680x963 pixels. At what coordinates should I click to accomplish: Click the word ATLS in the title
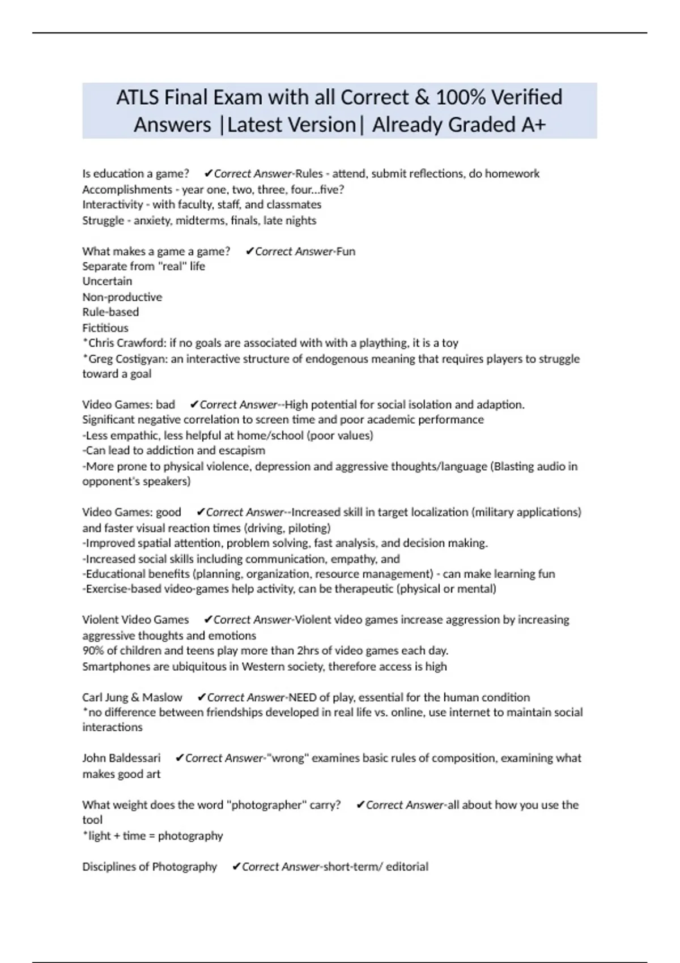click(x=138, y=97)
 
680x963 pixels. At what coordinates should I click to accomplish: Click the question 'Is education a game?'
click(x=135, y=173)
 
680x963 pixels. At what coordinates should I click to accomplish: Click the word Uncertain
click(x=107, y=282)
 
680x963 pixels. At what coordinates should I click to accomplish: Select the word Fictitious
click(x=105, y=327)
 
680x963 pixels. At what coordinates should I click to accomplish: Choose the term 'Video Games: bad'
click(x=129, y=404)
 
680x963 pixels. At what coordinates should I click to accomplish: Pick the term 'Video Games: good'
click(x=131, y=512)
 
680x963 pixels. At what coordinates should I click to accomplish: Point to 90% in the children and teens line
click(x=93, y=650)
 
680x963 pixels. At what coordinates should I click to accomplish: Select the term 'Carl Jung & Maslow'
click(x=132, y=697)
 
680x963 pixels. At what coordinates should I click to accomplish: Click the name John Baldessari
click(x=121, y=758)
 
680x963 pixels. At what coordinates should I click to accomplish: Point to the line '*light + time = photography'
click(x=152, y=836)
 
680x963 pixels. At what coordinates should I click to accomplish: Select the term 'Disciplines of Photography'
click(x=150, y=867)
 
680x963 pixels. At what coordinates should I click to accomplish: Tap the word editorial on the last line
click(x=407, y=867)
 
